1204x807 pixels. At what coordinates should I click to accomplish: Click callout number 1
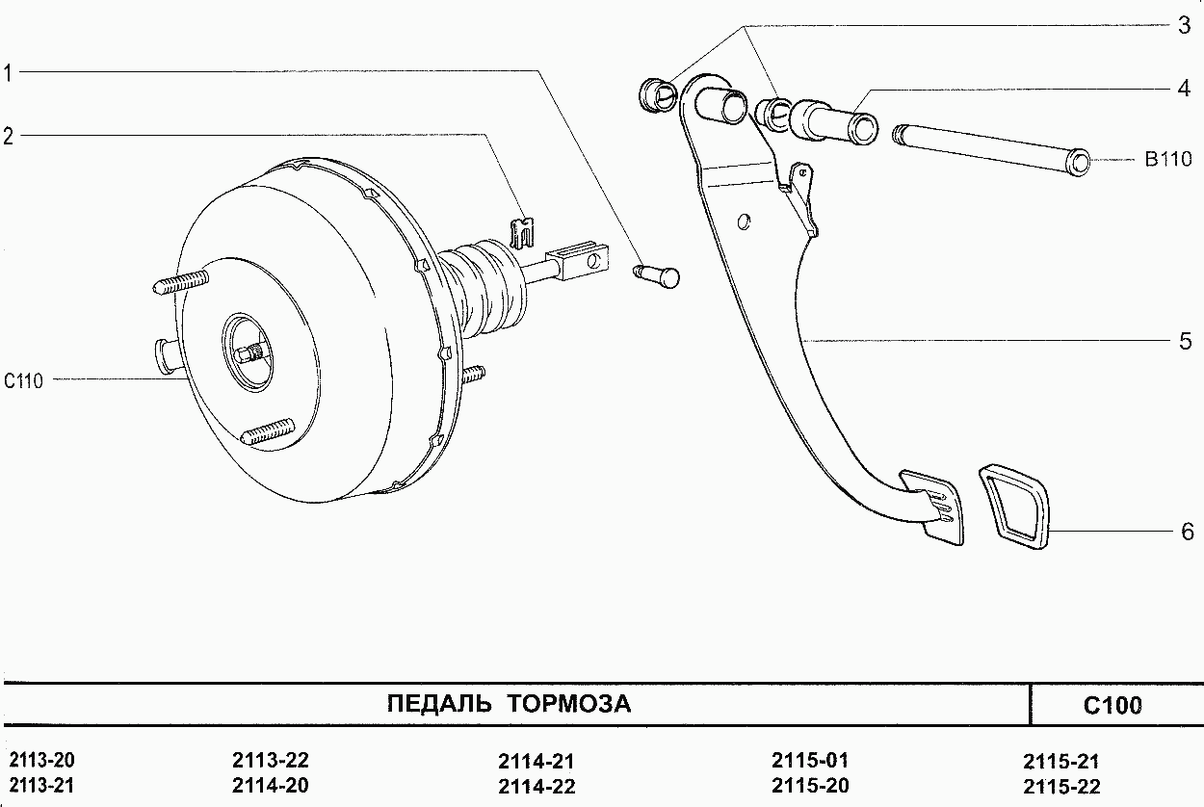(8, 73)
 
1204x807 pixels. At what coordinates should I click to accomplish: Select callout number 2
(8, 137)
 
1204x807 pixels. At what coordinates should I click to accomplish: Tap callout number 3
(1185, 25)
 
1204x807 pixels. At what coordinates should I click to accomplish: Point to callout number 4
(1184, 88)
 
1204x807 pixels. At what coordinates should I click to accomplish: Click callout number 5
(1185, 341)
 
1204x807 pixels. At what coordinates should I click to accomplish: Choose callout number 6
(1188, 532)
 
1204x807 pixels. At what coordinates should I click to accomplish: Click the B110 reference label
(1168, 160)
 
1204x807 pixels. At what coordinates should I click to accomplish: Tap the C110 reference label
(23, 381)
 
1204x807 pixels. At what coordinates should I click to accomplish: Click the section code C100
(1112, 706)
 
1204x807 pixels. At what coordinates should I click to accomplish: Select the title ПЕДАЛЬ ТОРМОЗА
(509, 704)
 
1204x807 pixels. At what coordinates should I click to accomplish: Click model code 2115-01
(810, 760)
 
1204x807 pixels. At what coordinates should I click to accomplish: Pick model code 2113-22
(271, 760)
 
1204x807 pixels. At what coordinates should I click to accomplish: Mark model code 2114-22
(537, 786)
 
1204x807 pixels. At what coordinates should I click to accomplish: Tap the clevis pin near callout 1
(657, 275)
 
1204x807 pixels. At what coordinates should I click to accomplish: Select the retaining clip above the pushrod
(521, 233)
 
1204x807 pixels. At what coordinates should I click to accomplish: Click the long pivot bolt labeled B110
(991, 150)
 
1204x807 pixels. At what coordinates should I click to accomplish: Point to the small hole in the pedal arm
(745, 221)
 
